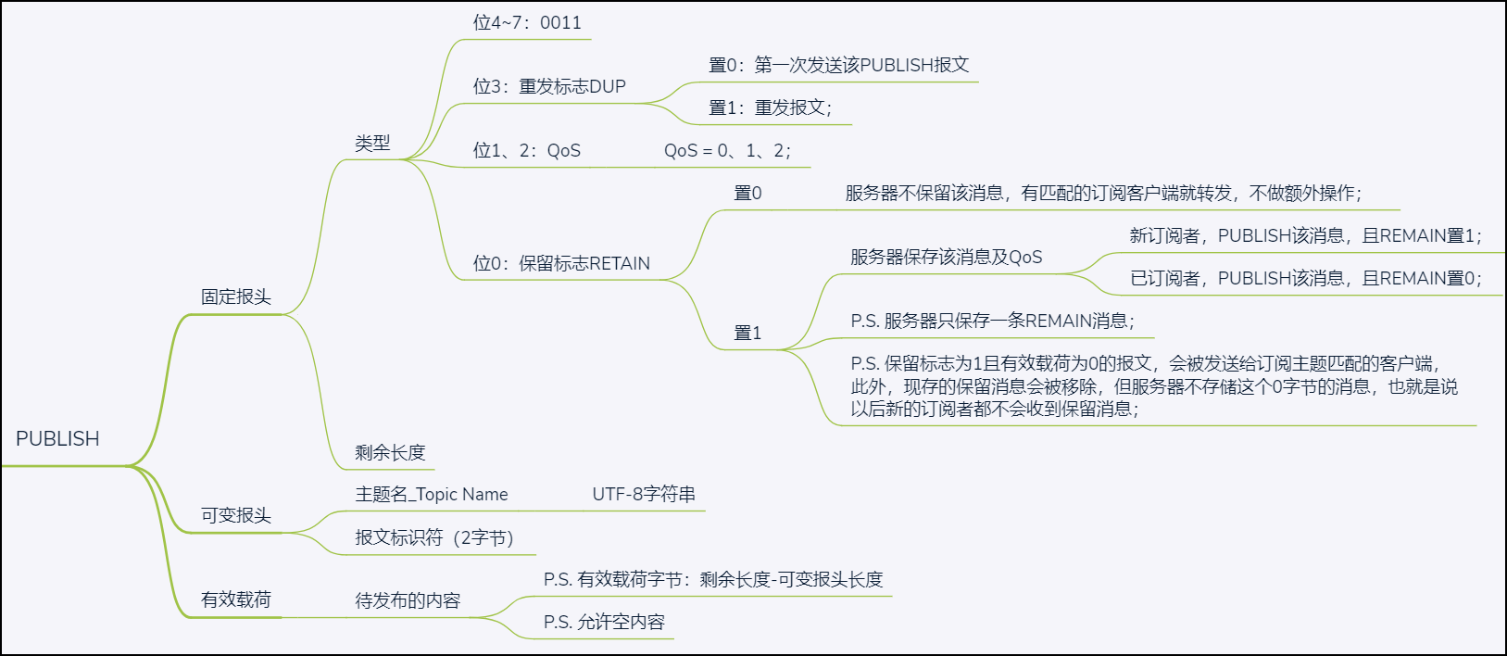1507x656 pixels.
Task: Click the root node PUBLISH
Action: pos(57,439)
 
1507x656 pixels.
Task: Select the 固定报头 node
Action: pos(236,297)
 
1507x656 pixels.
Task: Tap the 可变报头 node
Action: pos(236,516)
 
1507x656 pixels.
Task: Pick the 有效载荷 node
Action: pos(236,600)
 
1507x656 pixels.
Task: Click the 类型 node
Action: pos(372,144)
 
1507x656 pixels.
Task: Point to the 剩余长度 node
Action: pos(390,453)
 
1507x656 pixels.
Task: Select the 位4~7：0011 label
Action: pos(527,23)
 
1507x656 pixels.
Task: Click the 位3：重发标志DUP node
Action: pos(549,87)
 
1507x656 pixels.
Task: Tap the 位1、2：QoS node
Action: pos(527,151)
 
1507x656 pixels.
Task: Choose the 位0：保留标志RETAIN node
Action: pos(561,264)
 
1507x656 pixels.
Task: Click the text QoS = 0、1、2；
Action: pos(727,151)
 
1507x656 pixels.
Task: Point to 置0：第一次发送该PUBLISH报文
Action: pos(838,66)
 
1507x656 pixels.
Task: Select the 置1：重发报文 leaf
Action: pos(770,108)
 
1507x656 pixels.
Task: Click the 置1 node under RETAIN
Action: pos(747,334)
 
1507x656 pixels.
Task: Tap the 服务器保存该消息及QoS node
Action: pos(946,258)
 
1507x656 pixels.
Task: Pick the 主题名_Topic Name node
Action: pos(432,495)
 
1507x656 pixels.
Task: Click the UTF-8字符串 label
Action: pos(644,495)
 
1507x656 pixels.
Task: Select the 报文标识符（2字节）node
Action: pos(433,538)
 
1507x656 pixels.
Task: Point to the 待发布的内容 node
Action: pos(408,601)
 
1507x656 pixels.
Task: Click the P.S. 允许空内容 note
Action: pos(604,623)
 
